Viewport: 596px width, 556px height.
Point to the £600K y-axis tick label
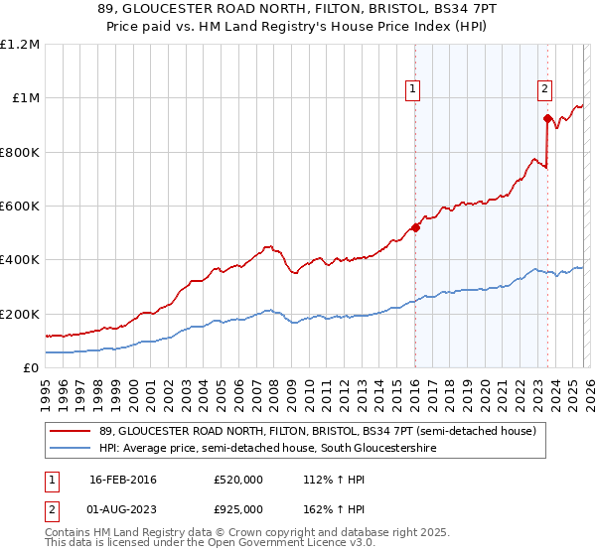pyautogui.click(x=20, y=207)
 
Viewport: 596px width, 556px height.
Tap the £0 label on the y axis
pyautogui.click(x=32, y=367)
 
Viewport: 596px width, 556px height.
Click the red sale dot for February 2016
pyautogui.click(x=415, y=227)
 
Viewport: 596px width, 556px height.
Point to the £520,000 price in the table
pyautogui.click(x=237, y=480)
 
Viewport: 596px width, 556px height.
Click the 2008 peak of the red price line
pyautogui.click(x=267, y=246)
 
